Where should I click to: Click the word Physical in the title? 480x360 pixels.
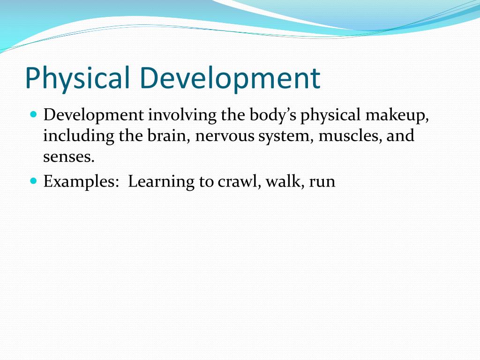click(77, 79)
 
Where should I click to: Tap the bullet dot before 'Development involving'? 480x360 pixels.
click(33, 114)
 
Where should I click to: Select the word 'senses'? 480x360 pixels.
click(69, 157)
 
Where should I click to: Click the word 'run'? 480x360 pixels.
click(322, 181)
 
